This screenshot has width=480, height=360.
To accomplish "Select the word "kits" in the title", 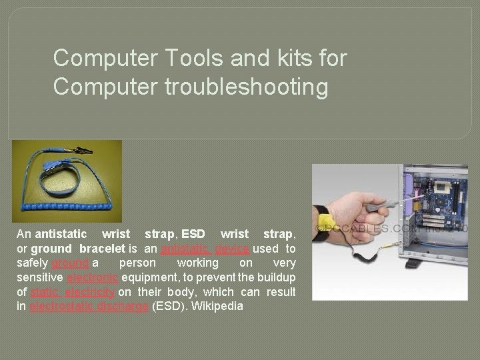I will (x=287, y=58).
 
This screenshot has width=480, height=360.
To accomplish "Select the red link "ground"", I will (x=71, y=263).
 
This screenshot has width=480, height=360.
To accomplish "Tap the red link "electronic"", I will (x=92, y=277).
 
